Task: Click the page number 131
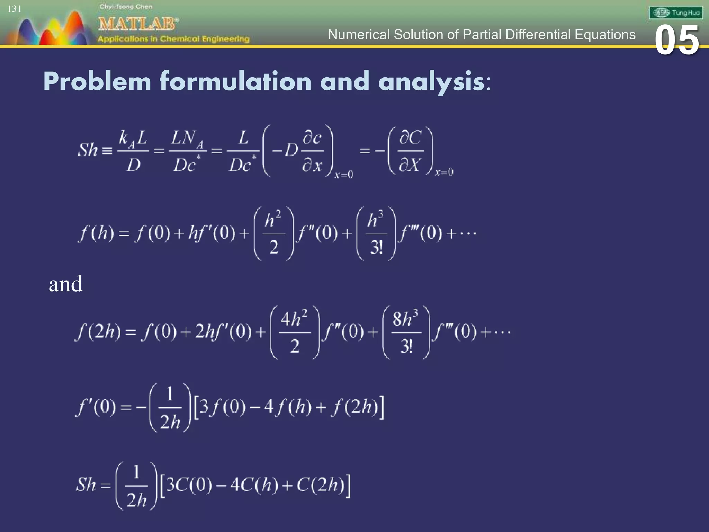point(15,9)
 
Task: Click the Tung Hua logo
point(676,13)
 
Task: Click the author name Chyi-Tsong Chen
point(126,7)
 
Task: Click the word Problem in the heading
point(97,82)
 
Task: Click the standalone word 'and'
point(65,284)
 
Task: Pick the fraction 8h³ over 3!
point(406,332)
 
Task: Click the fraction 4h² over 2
point(295,332)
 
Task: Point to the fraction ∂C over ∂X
point(411,151)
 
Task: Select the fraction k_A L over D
point(133,151)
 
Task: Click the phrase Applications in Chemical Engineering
point(173,39)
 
